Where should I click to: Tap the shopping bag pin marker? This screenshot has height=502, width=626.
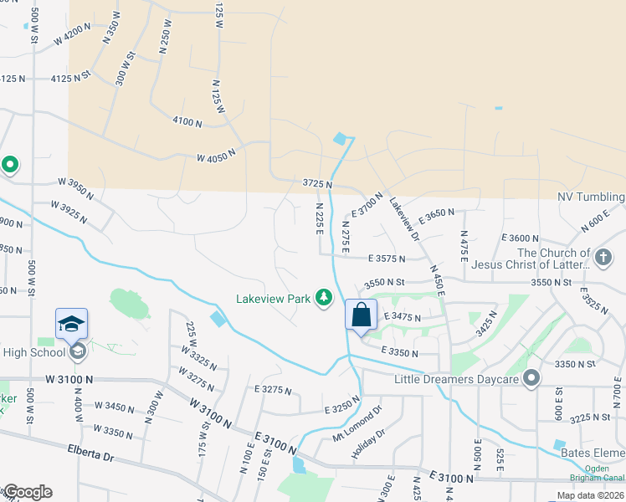[362, 315]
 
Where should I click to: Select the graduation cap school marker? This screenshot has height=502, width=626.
[72, 324]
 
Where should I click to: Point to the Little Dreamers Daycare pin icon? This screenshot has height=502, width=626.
[531, 380]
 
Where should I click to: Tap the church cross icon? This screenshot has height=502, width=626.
[602, 255]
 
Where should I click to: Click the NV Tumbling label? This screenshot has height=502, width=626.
[591, 197]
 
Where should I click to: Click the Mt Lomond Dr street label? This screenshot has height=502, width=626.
[357, 423]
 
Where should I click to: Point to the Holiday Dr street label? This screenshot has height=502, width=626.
[367, 443]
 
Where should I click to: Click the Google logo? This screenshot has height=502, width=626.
[27, 492]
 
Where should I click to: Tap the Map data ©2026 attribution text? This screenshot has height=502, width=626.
[589, 495]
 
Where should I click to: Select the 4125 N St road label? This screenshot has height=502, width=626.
[70, 78]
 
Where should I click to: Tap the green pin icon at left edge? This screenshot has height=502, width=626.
[10, 165]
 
